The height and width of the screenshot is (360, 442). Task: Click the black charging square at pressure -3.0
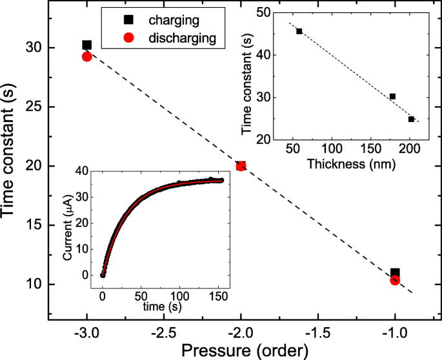coord(87,45)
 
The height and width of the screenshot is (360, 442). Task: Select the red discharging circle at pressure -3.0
coord(87,57)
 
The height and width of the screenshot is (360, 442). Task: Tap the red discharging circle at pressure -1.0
coord(395,280)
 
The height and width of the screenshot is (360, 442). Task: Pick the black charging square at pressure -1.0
coord(395,273)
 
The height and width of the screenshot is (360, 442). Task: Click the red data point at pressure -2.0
coord(241,166)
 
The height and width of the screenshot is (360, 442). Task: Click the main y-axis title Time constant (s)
coord(14,165)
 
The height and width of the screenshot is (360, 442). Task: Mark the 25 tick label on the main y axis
coord(36,107)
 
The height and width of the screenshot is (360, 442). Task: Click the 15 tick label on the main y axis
coord(36,225)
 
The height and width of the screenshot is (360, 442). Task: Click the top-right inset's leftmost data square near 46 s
coord(299,31)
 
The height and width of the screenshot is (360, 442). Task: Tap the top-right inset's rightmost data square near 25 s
coord(411,119)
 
